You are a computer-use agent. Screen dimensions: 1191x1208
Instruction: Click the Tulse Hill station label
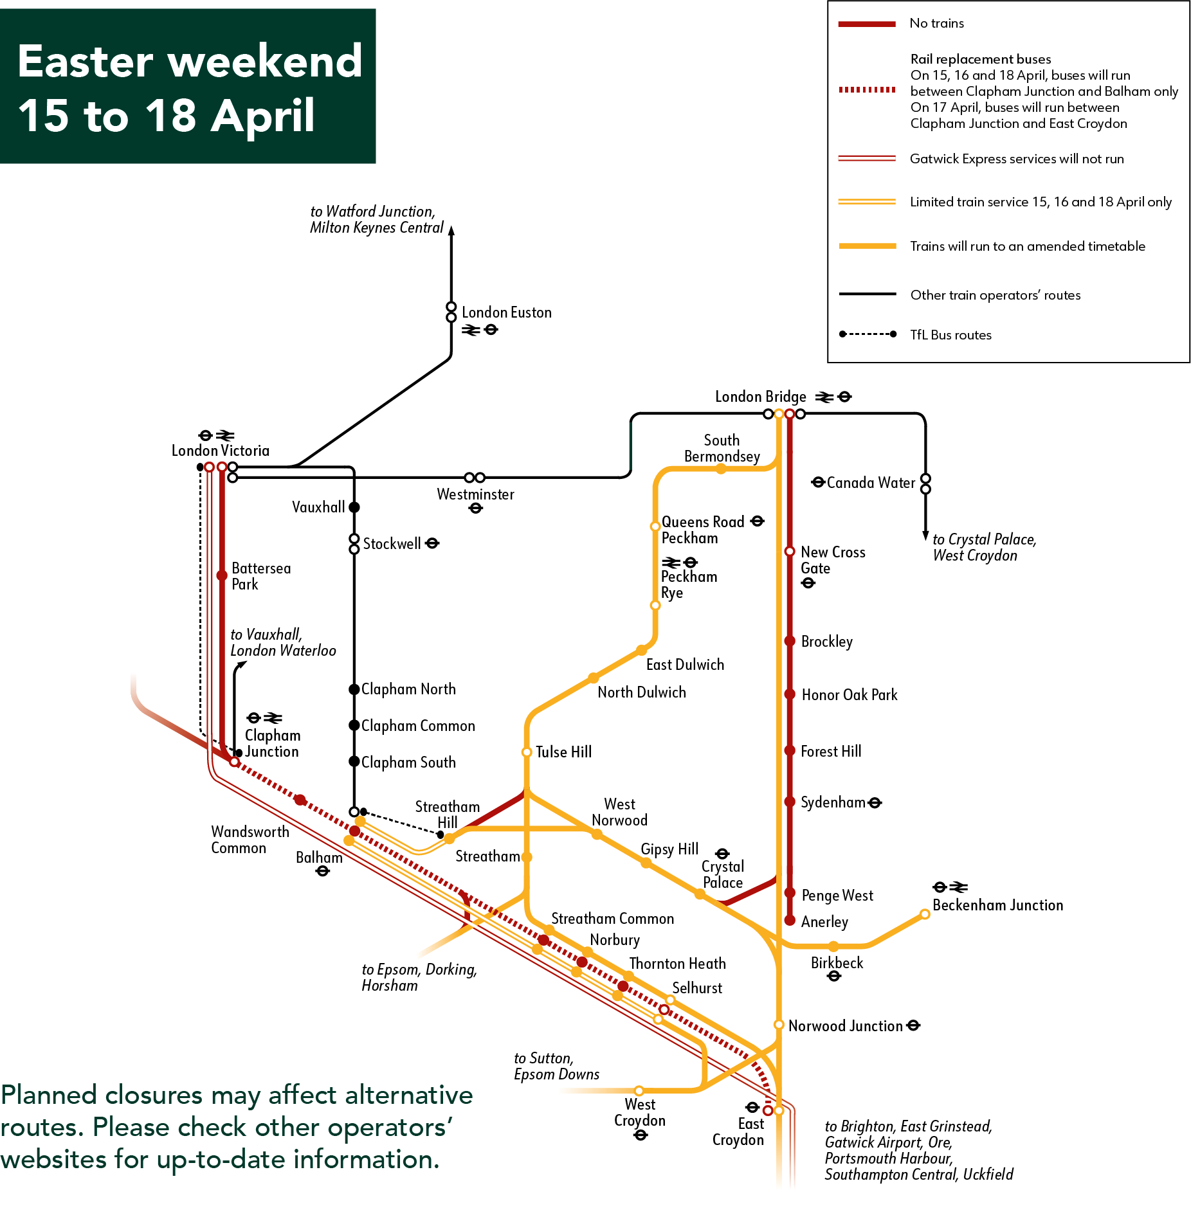(x=563, y=752)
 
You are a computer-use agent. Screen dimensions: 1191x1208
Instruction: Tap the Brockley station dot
(x=790, y=641)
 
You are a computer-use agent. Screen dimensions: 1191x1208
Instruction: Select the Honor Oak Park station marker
(x=790, y=694)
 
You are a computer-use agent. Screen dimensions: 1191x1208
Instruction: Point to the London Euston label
(x=506, y=312)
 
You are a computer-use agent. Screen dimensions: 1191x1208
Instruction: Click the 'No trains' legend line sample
(x=866, y=24)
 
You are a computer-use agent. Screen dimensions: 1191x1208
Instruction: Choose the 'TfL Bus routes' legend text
(x=950, y=335)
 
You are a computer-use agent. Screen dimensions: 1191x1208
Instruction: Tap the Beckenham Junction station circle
(x=924, y=914)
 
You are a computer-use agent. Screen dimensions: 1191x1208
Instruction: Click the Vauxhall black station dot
(x=354, y=507)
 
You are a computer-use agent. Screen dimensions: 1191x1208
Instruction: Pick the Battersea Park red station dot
(x=222, y=575)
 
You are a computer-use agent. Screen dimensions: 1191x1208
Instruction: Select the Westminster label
(x=475, y=494)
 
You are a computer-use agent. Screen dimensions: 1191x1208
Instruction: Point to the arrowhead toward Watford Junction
(x=451, y=230)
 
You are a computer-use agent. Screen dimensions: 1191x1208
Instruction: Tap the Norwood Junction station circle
(x=779, y=1024)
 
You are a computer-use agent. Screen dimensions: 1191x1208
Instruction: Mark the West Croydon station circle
(x=639, y=1090)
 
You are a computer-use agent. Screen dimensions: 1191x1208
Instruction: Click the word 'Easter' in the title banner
(x=86, y=62)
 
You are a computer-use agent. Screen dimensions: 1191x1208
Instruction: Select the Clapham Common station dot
(x=354, y=725)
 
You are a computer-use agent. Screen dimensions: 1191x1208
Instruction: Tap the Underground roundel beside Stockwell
(x=433, y=543)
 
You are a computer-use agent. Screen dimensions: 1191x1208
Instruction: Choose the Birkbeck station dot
(x=833, y=946)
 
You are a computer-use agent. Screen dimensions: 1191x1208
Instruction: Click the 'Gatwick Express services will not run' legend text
(x=1016, y=159)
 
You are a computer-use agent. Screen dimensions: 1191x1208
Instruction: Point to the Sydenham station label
(x=833, y=802)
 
